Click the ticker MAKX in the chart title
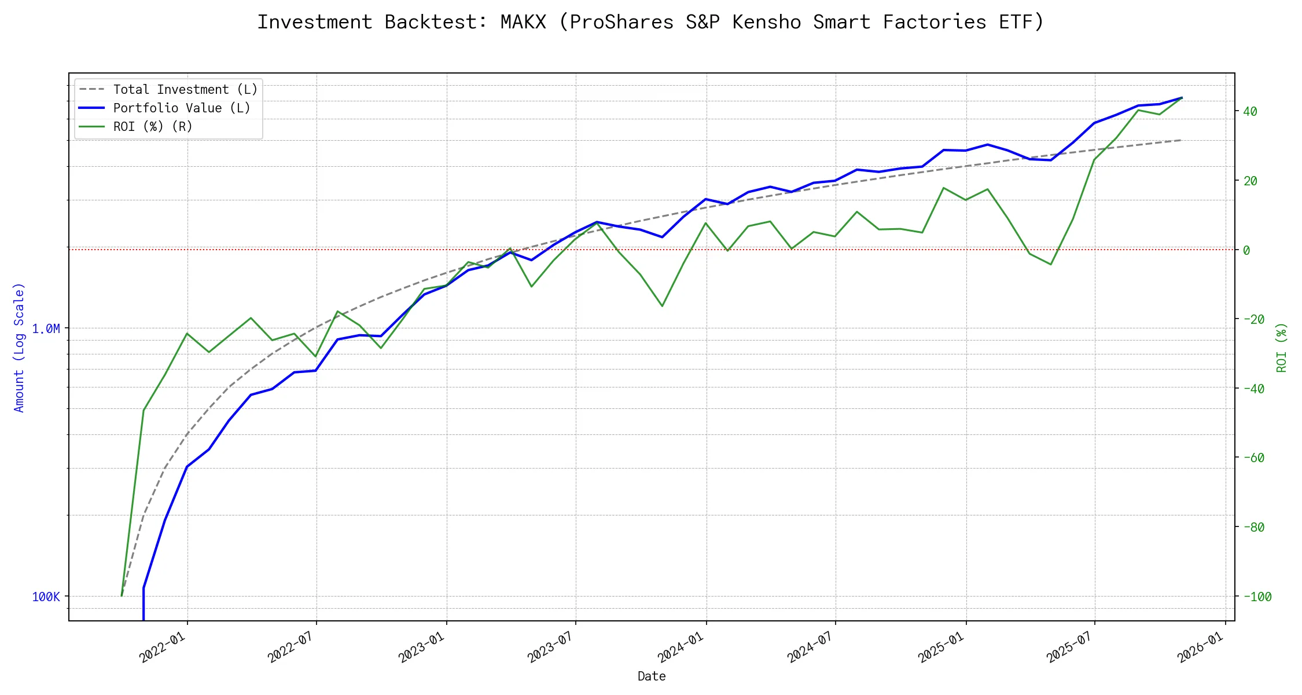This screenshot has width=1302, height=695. (523, 22)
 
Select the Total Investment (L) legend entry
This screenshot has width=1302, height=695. (185, 90)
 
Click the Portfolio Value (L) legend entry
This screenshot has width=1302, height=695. (181, 108)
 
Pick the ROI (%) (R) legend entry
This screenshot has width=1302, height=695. (152, 127)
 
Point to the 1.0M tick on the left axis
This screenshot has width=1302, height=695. (46, 329)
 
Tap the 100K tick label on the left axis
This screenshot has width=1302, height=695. (46, 597)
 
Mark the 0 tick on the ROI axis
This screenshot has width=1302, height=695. (1246, 251)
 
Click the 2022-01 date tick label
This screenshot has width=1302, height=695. (163, 646)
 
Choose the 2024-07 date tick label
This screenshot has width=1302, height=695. (810, 646)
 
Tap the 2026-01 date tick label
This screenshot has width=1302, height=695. (1200, 646)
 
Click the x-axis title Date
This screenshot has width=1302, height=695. (652, 676)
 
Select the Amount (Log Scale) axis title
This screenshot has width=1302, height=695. (19, 348)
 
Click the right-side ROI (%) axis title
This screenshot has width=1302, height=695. (1282, 348)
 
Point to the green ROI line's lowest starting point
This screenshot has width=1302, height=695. (122, 596)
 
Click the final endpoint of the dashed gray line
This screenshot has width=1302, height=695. (1182, 140)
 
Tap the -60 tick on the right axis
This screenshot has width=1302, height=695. (1253, 458)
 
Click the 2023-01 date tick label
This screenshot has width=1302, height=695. (421, 646)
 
